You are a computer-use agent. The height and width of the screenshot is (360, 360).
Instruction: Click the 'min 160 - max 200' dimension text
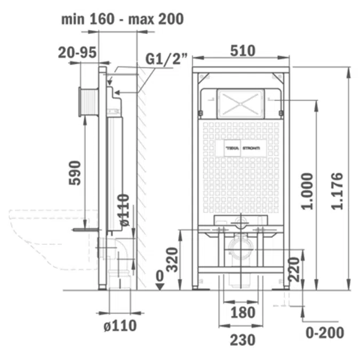point(122,19)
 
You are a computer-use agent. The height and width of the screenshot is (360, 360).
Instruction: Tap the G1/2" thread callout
point(166,59)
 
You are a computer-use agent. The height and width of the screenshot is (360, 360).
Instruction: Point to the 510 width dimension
point(242,51)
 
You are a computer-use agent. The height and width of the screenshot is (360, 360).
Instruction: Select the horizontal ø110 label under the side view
point(120,325)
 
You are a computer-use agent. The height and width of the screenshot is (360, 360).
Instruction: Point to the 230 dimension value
point(242,339)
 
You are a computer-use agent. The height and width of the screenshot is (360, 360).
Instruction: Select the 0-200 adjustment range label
point(325,333)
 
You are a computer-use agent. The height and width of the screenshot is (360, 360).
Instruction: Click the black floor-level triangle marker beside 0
point(159,287)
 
